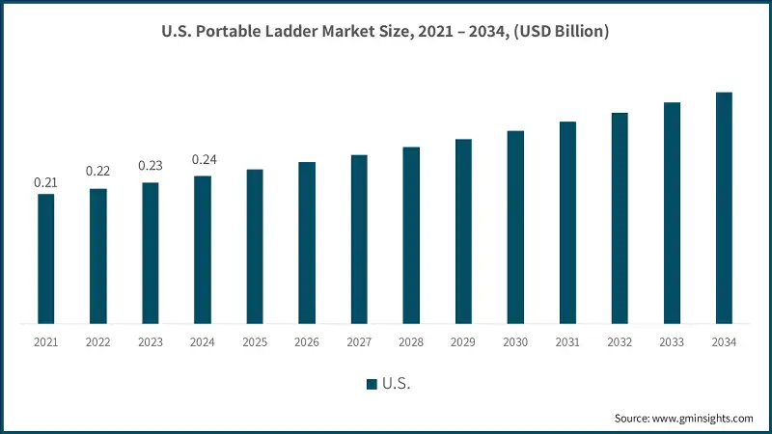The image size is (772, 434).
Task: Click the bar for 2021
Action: tap(45, 258)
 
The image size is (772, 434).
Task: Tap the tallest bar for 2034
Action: tap(724, 207)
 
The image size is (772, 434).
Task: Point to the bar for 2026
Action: tap(307, 242)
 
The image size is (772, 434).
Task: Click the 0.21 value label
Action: tap(45, 182)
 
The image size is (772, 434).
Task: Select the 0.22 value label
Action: tap(97, 171)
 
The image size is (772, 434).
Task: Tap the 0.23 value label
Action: tap(150, 165)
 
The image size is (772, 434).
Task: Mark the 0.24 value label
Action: tap(202, 159)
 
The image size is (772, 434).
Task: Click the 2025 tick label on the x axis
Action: tap(255, 342)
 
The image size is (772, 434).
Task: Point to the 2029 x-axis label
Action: tap(463, 342)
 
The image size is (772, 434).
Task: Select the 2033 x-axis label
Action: tap(672, 342)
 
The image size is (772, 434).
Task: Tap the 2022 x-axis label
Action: tap(97, 342)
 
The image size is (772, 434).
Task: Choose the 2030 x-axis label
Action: tap(515, 342)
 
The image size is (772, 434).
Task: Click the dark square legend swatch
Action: tap(372, 384)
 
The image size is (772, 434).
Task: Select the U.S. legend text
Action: tap(397, 384)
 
